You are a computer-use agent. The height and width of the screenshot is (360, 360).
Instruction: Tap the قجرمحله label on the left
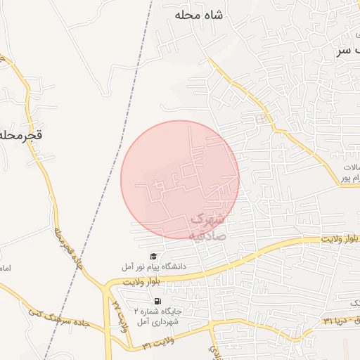tap(21, 134)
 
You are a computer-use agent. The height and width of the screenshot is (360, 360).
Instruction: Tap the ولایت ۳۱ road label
tap(155, 345)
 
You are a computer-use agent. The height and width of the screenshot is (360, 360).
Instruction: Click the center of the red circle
tap(180, 179)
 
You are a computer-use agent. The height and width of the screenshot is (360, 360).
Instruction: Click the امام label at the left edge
tap(5, 269)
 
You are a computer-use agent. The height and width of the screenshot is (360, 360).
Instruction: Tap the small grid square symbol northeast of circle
tap(262, 119)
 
